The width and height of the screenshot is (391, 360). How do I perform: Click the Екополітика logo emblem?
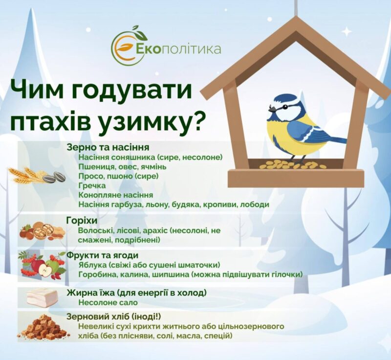(x=129, y=45)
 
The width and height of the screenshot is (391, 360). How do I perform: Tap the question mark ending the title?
(x=197, y=121)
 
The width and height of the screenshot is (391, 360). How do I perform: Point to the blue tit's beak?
(x=272, y=109)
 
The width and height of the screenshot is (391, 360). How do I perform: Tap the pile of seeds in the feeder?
(x=292, y=164)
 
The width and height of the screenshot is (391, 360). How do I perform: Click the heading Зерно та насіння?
(x=108, y=147)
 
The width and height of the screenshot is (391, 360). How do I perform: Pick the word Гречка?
(x=92, y=185)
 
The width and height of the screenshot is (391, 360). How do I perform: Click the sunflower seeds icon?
(x=54, y=177)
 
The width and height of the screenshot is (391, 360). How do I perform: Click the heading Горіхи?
(x=82, y=221)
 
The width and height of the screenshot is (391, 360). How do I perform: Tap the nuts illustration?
(x=43, y=231)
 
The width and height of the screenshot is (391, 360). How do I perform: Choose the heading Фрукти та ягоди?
(x=102, y=255)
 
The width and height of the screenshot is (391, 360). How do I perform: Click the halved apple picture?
(x=45, y=270)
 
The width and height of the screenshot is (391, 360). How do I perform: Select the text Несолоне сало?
(x=108, y=302)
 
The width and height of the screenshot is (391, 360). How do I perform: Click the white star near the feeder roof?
(x=347, y=32)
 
